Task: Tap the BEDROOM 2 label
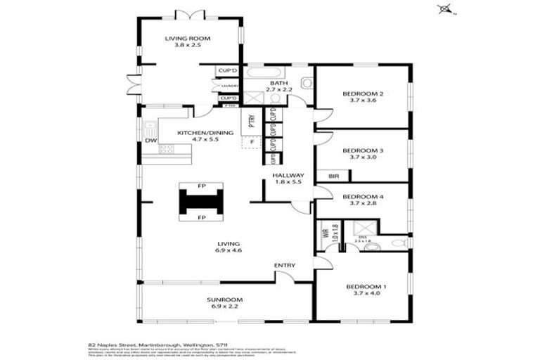pyautogui.click(x=363, y=94)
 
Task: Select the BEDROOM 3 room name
pyautogui.click(x=363, y=150)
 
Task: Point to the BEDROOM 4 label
pyautogui.click(x=363, y=196)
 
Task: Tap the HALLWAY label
pyautogui.click(x=288, y=175)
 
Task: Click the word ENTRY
pyautogui.click(x=284, y=265)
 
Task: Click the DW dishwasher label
pyautogui.click(x=150, y=141)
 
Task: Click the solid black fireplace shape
pyautogui.click(x=201, y=202)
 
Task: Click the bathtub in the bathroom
pyautogui.click(x=264, y=72)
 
